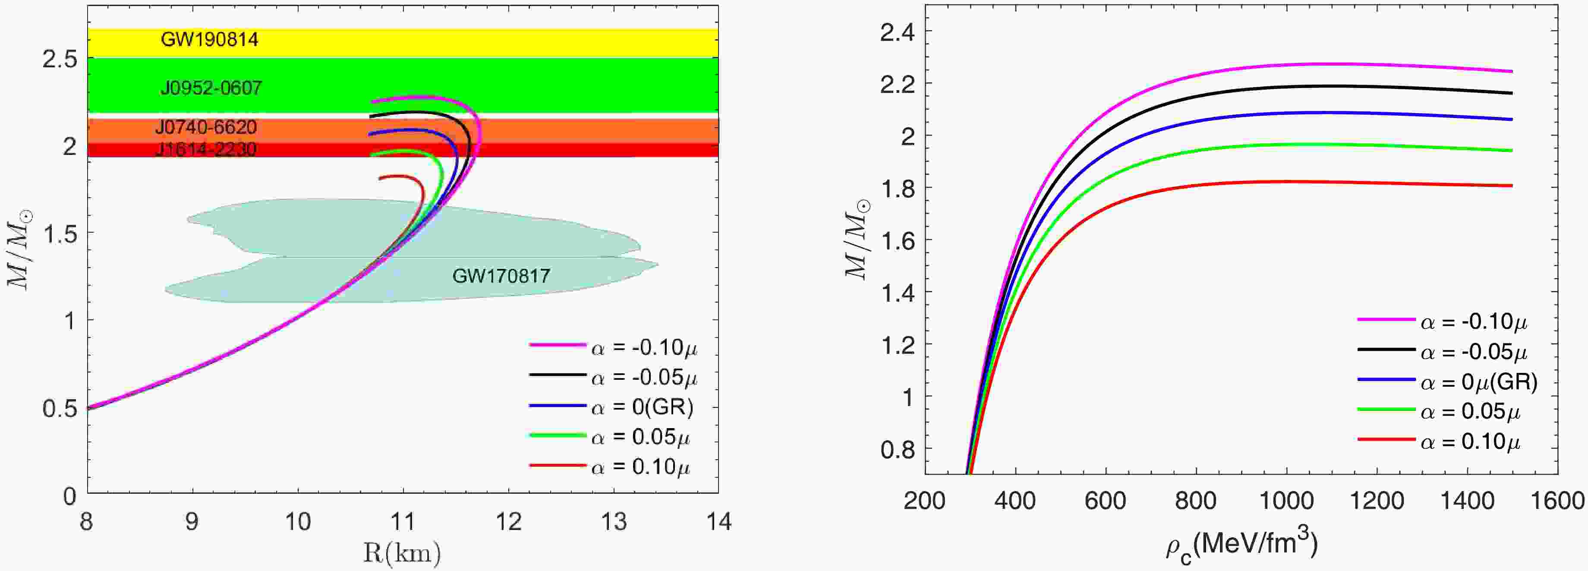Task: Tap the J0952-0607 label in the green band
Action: (x=211, y=88)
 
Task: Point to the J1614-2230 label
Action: (x=206, y=149)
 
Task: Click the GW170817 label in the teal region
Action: (x=501, y=276)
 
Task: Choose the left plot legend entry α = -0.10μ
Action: (x=644, y=348)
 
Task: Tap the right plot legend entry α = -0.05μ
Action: (x=1473, y=353)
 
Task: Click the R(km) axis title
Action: (x=402, y=554)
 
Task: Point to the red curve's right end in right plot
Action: (x=1512, y=186)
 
